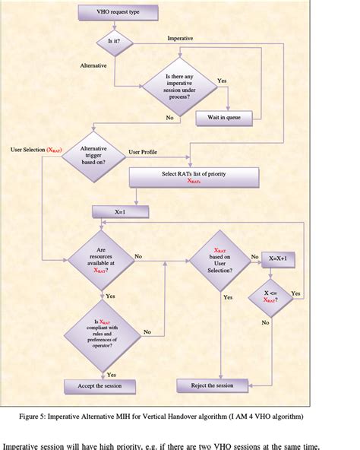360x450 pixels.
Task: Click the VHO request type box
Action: pos(118,13)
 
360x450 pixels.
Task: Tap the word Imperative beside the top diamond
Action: pos(180,37)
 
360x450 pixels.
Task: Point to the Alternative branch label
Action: pos(93,66)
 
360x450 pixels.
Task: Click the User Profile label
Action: pos(143,152)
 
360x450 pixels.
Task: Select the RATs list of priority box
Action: pos(194,177)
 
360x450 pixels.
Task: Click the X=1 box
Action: pos(118,212)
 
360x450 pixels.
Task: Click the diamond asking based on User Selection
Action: pos(221,261)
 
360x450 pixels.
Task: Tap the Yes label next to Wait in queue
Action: pos(222,81)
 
